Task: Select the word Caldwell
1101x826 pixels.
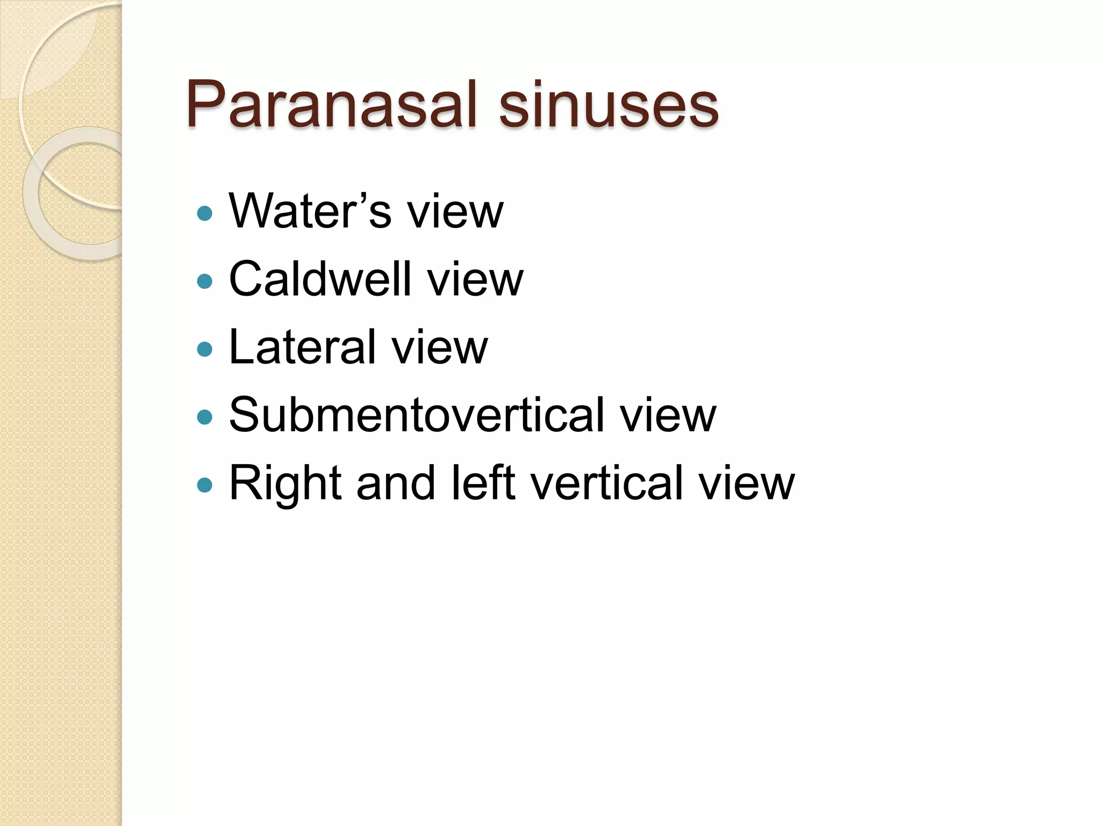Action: [320, 279]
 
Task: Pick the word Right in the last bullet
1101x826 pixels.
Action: [285, 483]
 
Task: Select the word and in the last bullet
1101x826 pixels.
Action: [395, 482]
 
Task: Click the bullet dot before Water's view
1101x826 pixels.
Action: [205, 213]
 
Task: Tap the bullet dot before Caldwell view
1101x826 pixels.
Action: [205, 281]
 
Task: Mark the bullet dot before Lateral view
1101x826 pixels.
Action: [205, 350]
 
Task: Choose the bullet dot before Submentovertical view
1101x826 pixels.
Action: [205, 417]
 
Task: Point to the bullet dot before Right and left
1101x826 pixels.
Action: [205, 486]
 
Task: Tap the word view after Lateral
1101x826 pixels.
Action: [439, 347]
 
